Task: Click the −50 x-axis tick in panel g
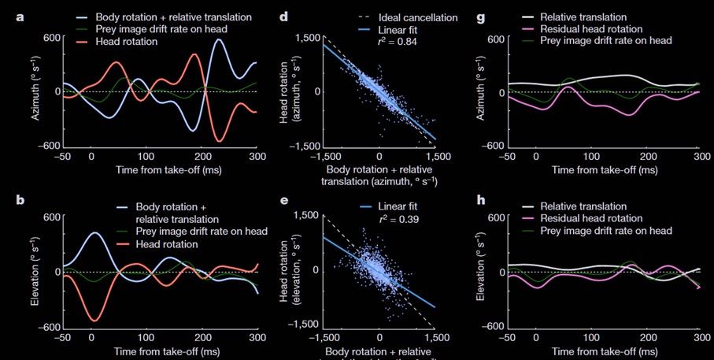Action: pyautogui.click(x=508, y=158)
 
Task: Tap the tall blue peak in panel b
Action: pyautogui.click(x=93, y=233)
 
